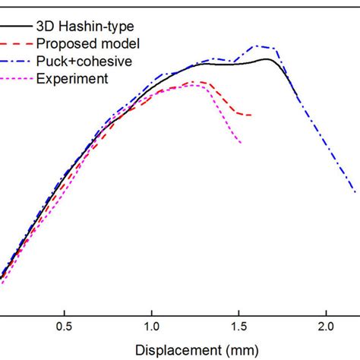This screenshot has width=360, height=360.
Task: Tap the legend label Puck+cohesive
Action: [87, 61]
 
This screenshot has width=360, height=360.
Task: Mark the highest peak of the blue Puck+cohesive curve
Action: [257, 46]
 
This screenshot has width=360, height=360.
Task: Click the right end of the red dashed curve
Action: [251, 115]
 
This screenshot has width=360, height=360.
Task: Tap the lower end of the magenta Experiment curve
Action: [242, 143]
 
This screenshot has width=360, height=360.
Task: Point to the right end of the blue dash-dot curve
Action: [355, 192]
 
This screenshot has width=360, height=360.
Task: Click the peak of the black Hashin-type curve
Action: [267, 58]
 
